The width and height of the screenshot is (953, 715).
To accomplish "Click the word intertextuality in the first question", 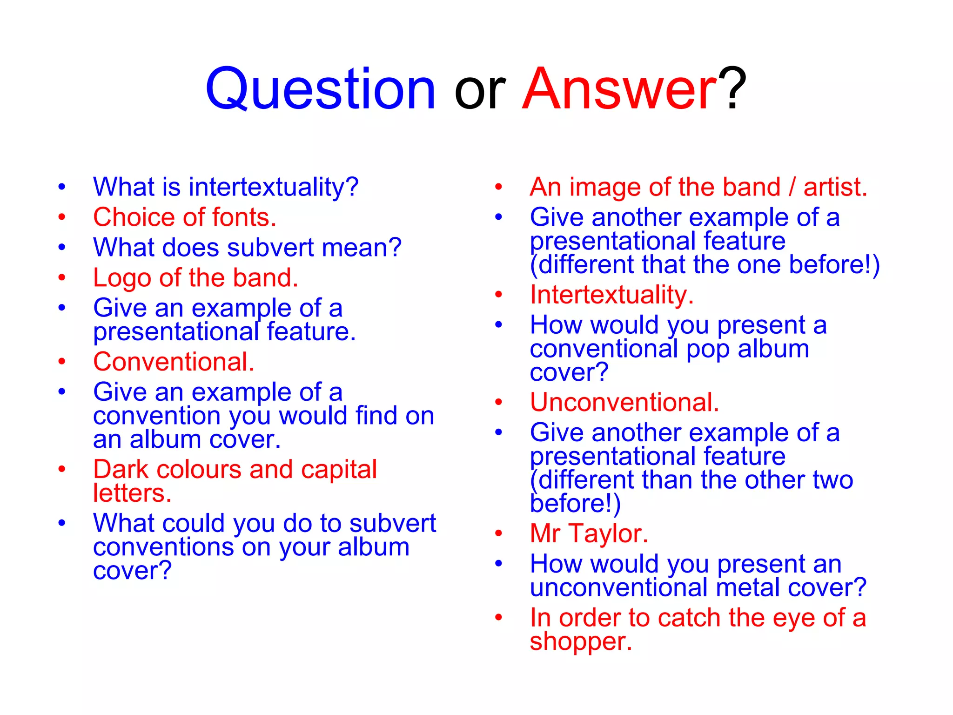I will (x=274, y=187).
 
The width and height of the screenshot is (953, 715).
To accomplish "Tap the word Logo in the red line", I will (x=122, y=278).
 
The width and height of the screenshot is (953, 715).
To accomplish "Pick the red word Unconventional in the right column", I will (x=624, y=402).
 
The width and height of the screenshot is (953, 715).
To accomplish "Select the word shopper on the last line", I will (x=580, y=642).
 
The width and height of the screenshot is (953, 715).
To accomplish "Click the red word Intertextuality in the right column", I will (x=611, y=295).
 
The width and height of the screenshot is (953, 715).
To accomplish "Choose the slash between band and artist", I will (x=792, y=187).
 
